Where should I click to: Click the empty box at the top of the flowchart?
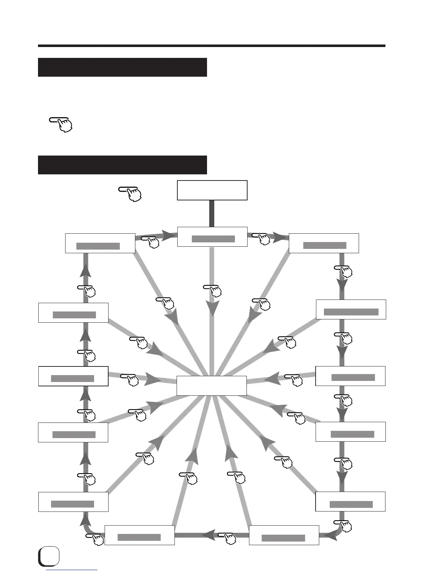[x=212, y=190]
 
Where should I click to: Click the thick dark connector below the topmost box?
[x=212, y=213]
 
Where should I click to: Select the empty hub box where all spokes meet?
[x=212, y=386]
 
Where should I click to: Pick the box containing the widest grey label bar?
[x=351, y=310]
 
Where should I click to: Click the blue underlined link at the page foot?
[x=72, y=570]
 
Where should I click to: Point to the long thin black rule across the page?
[x=212, y=46]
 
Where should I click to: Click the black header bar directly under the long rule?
[x=122, y=67]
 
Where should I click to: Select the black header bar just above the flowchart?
[x=122, y=165]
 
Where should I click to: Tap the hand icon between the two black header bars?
[x=62, y=124]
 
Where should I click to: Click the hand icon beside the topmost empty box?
[x=130, y=194]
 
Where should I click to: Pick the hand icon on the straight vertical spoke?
[x=213, y=290]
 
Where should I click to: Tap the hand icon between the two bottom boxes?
[x=228, y=538]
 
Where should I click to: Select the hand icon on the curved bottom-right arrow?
[x=343, y=526]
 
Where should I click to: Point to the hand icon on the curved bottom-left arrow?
[x=95, y=539]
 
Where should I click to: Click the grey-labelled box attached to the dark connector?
[x=212, y=237]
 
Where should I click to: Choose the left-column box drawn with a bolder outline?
[x=73, y=376]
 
